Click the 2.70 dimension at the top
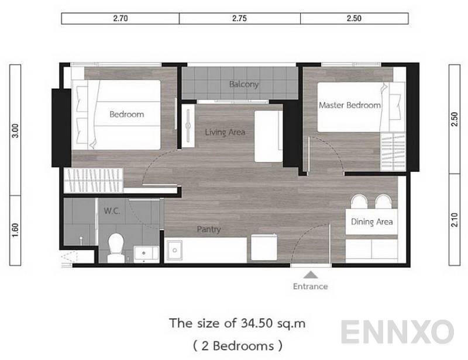[121, 18]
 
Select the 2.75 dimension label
[239, 18]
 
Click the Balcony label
[244, 84]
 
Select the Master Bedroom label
[349, 105]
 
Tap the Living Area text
[225, 132]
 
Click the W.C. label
[112, 210]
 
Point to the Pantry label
[209, 230]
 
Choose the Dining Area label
[371, 222]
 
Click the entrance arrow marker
[311, 274]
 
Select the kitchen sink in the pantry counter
[175, 251]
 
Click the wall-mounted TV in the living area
[188, 124]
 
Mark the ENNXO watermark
[397, 332]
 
